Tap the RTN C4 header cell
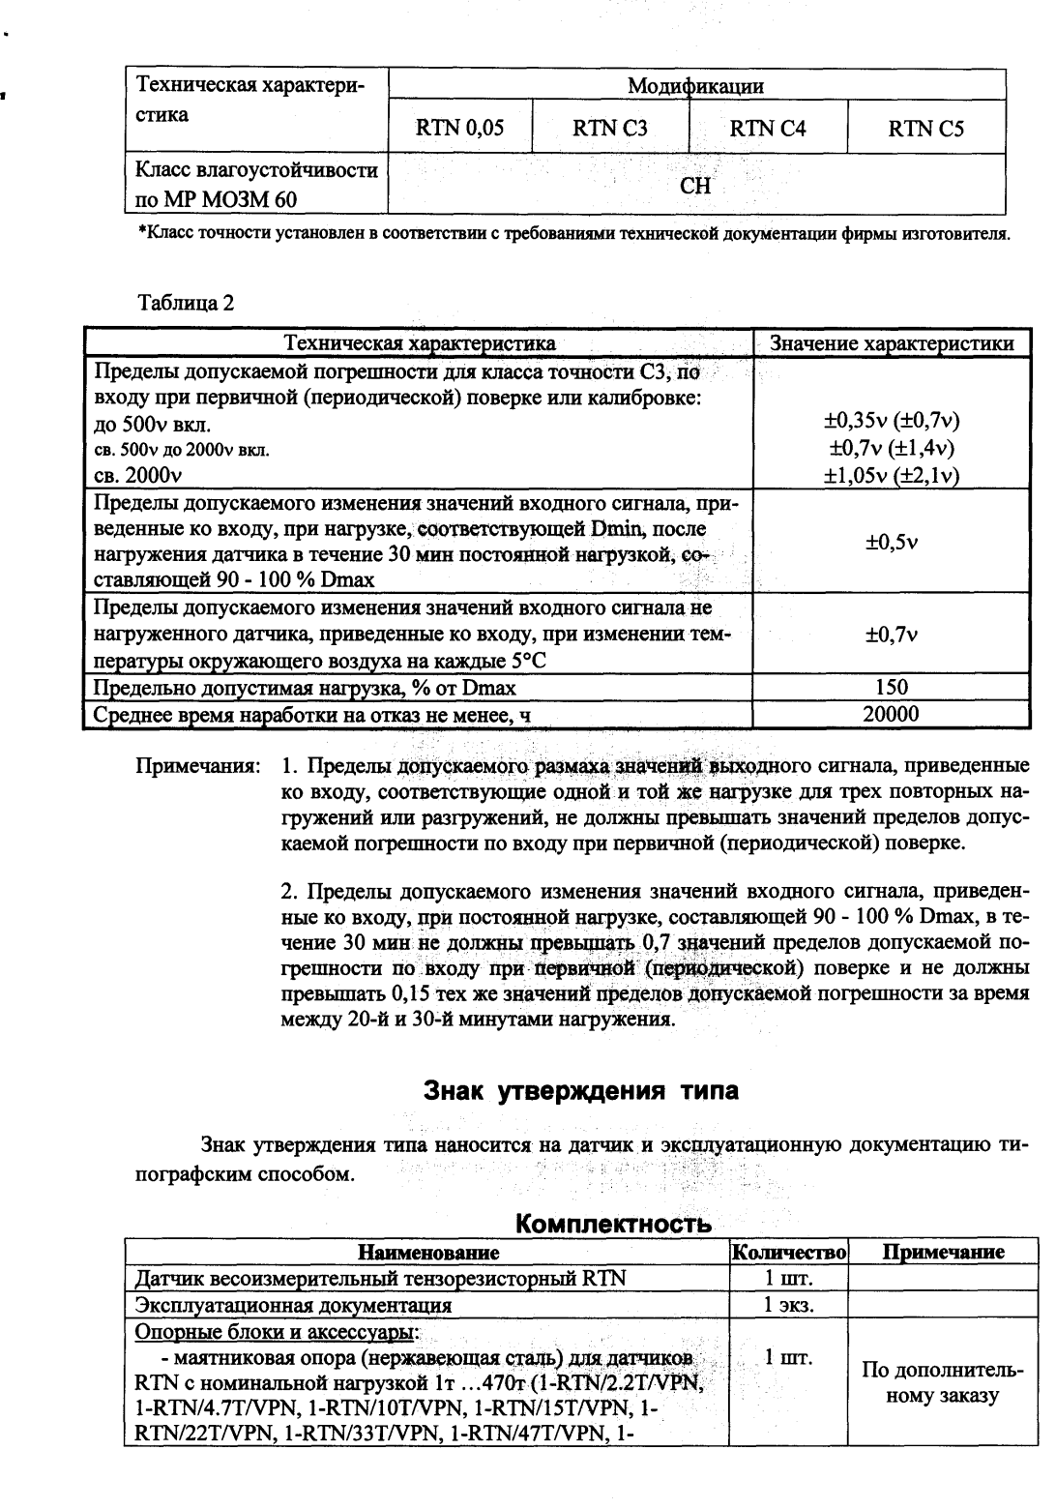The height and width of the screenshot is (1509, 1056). (768, 128)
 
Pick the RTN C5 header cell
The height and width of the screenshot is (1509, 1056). (926, 128)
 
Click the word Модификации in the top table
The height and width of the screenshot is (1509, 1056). (695, 86)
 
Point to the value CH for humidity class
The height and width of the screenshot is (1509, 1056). (695, 187)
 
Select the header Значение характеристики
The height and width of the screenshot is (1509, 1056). (891, 344)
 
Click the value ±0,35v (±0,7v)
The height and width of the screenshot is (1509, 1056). (891, 423)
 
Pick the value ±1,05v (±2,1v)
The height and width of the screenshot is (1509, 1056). (891, 475)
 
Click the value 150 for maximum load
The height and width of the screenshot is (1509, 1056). (891, 688)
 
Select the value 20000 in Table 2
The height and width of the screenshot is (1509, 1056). (891, 715)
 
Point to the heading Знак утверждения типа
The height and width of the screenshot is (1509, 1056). (582, 1091)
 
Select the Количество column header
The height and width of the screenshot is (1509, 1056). (789, 1253)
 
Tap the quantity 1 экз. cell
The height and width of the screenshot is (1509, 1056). (789, 1305)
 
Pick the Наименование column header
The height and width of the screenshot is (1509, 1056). (428, 1253)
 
